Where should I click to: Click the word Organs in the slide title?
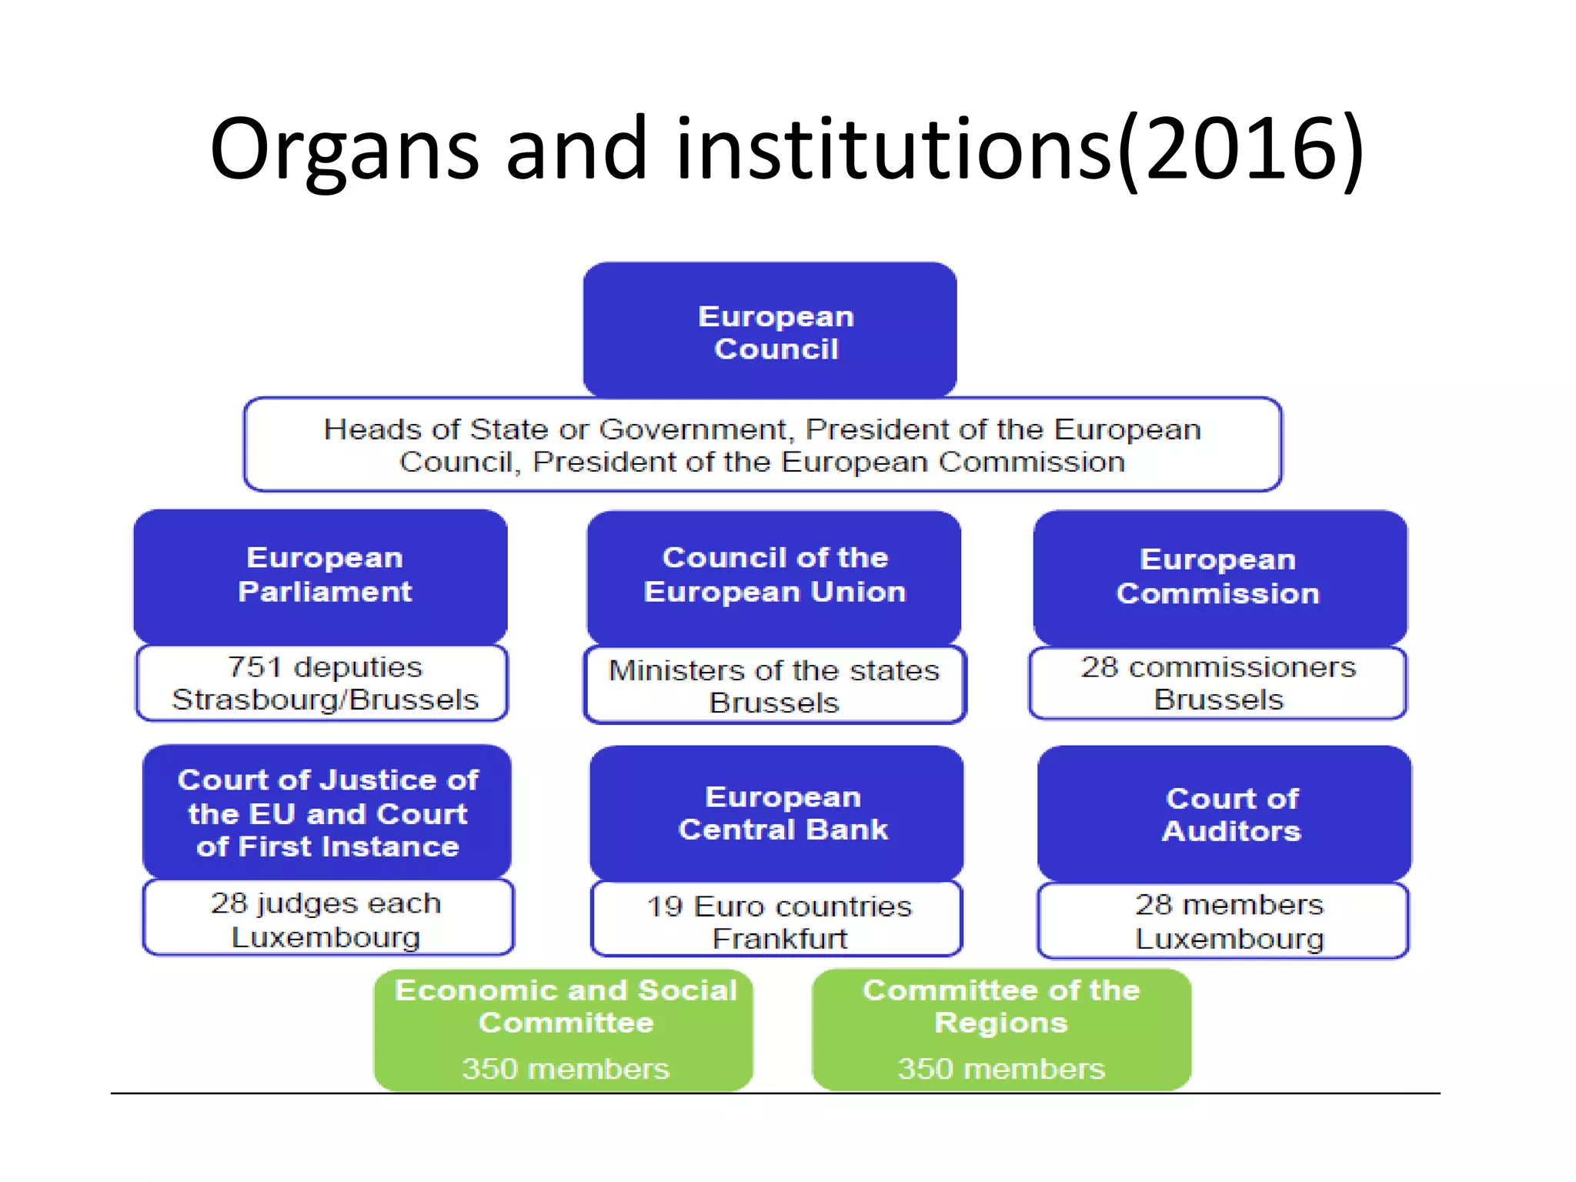tap(344, 150)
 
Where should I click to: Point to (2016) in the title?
tap(1240, 150)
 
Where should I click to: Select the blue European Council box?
tap(770, 331)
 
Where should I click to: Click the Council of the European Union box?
tap(774, 577)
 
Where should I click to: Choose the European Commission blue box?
tap(1220, 577)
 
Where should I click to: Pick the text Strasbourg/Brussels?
tap(325, 700)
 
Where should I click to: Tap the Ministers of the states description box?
tap(774, 686)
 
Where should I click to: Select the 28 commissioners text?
tap(1218, 667)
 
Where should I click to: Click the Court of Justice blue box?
tap(327, 813)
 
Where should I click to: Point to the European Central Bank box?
tap(777, 813)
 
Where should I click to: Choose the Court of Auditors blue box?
tap(1225, 814)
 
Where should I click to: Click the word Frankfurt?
tap(779, 939)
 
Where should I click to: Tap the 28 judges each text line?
tap(326, 903)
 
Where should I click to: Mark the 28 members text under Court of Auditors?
tap(1228, 904)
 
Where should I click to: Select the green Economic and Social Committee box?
tap(564, 1030)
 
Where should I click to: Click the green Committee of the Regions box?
tap(1001, 1030)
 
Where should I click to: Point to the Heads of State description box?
tap(762, 445)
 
